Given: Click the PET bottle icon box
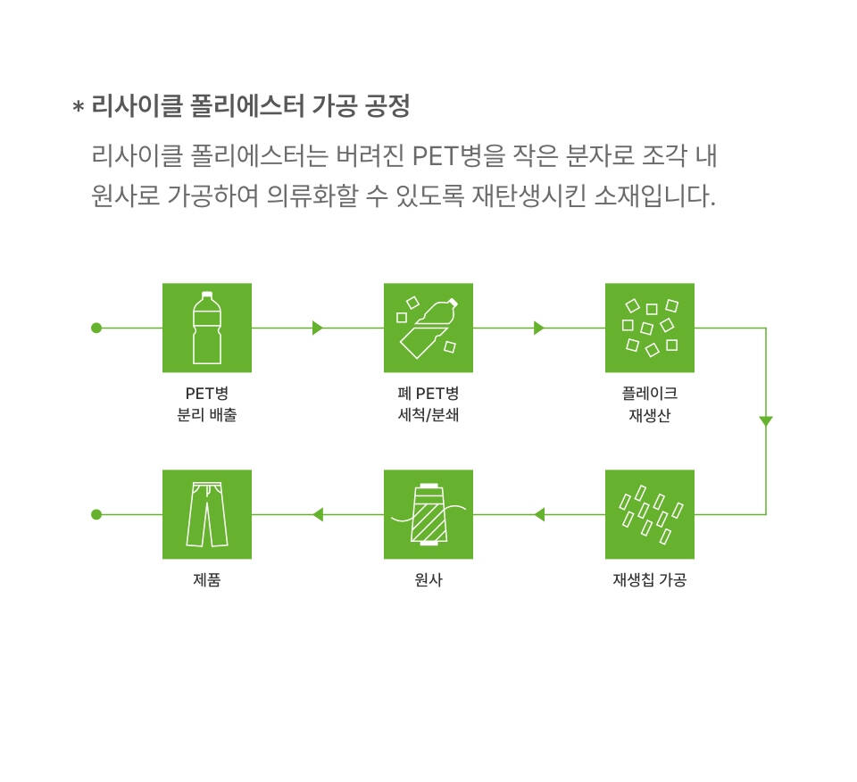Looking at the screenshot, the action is click(x=207, y=328).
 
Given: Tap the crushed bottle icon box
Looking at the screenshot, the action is click(x=428, y=328).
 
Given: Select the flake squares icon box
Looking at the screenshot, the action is click(x=650, y=328).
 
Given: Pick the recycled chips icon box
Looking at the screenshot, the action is click(x=650, y=514).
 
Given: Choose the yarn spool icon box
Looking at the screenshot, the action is click(x=428, y=514).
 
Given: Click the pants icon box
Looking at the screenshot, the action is click(x=207, y=514).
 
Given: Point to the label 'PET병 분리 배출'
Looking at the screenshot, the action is click(x=207, y=403).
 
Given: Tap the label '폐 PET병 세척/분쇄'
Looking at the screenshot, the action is click(x=428, y=403).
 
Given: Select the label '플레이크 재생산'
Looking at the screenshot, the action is click(x=650, y=403).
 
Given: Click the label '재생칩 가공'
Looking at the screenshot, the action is click(x=650, y=579).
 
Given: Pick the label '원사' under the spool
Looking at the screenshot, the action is click(x=428, y=579).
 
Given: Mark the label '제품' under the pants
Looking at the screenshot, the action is click(x=207, y=579).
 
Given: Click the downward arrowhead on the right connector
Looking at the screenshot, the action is click(x=766, y=420).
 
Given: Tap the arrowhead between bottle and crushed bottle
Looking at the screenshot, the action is click(x=318, y=328).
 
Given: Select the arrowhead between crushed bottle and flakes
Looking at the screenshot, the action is click(x=539, y=328).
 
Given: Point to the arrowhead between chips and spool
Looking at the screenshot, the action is click(x=539, y=514).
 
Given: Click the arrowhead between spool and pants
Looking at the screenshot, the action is click(x=318, y=514).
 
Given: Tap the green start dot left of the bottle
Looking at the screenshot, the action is click(x=96, y=328).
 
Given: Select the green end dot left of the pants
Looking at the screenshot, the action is click(x=96, y=514).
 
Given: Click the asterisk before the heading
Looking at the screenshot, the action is click(x=79, y=106).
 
